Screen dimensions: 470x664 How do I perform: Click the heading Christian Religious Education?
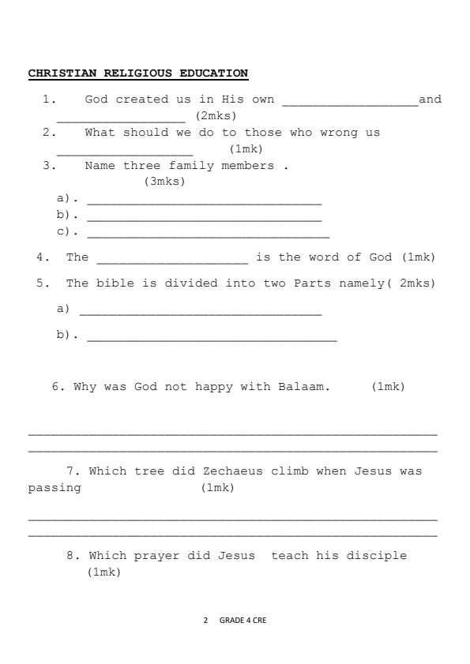[x=138, y=73]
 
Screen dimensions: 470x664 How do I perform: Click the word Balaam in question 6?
[x=303, y=386]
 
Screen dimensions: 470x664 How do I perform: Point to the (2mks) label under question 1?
[x=216, y=115]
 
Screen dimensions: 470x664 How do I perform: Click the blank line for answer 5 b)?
[x=212, y=339]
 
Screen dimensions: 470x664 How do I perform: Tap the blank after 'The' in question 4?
[x=172, y=261]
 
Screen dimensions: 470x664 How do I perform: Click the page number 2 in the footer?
[x=205, y=621]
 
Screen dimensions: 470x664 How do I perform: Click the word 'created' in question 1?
[x=142, y=99]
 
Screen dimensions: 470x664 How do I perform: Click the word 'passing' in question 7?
[x=55, y=487]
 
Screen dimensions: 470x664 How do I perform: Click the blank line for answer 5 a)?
[x=201, y=313]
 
